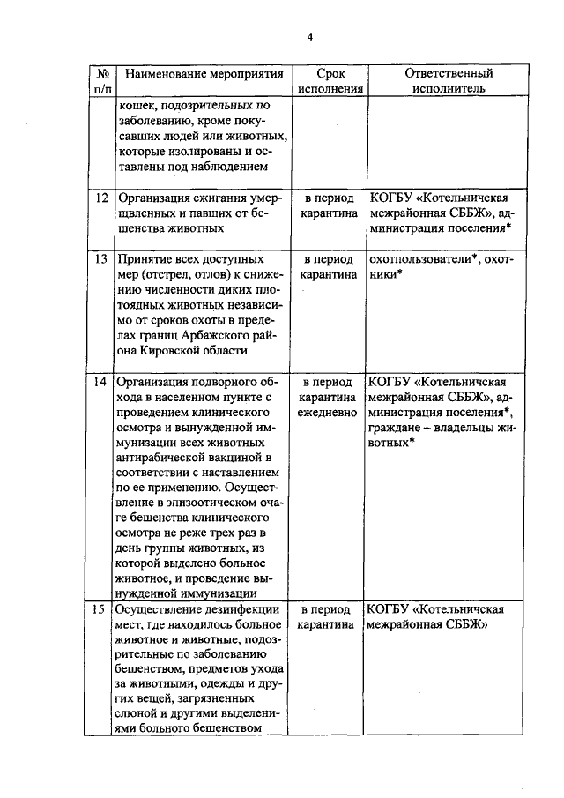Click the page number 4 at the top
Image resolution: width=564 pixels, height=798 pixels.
[309, 36]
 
